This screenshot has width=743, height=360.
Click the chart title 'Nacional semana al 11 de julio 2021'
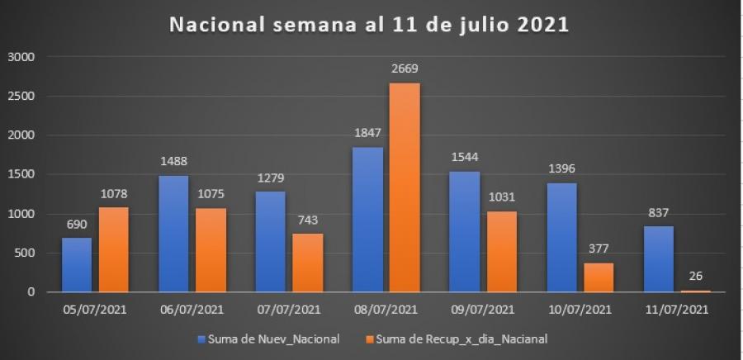pyautogui.click(x=369, y=24)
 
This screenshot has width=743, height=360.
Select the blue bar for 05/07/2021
pyautogui.click(x=77, y=264)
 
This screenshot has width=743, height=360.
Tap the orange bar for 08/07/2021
pyautogui.click(x=405, y=187)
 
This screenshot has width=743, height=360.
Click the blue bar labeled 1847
pyautogui.click(x=368, y=219)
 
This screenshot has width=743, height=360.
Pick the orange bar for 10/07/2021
pyautogui.click(x=599, y=277)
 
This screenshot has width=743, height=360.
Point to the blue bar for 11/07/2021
pyautogui.click(x=658, y=258)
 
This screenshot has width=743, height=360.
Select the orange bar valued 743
pyautogui.click(x=308, y=263)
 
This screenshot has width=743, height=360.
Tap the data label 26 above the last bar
pyautogui.click(x=695, y=277)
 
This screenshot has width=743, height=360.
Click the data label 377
pyautogui.click(x=599, y=249)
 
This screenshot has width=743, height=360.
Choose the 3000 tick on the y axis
pyautogui.click(x=21, y=57)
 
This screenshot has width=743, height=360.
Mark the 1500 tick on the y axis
pyautogui.click(x=21, y=174)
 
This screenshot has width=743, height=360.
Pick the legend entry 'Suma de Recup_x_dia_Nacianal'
pyautogui.click(x=462, y=339)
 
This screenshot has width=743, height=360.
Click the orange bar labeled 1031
pyautogui.click(x=502, y=251)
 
